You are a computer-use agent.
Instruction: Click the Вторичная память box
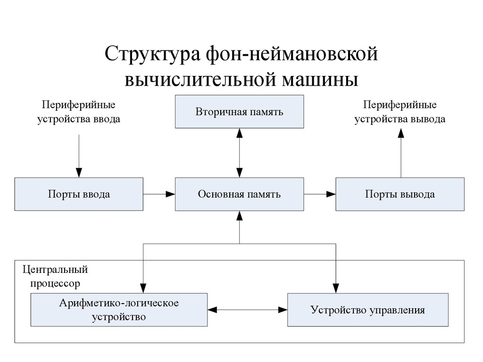[239, 112]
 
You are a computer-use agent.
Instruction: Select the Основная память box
[239, 194]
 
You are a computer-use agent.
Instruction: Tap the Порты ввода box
[79, 194]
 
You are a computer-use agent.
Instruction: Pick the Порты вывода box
[400, 194]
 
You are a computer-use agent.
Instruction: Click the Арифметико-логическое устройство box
[119, 310]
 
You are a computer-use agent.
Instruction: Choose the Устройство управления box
[367, 310]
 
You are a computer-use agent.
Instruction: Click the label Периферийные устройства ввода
[79, 112]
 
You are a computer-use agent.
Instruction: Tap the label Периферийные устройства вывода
[400, 112]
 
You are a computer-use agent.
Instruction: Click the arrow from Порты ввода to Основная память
[159, 194]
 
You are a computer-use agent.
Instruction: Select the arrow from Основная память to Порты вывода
[319, 194]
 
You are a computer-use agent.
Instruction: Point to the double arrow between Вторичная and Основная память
[239, 153]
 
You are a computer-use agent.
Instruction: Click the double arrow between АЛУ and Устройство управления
[248, 310]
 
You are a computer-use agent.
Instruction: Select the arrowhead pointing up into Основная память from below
[239, 216]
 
